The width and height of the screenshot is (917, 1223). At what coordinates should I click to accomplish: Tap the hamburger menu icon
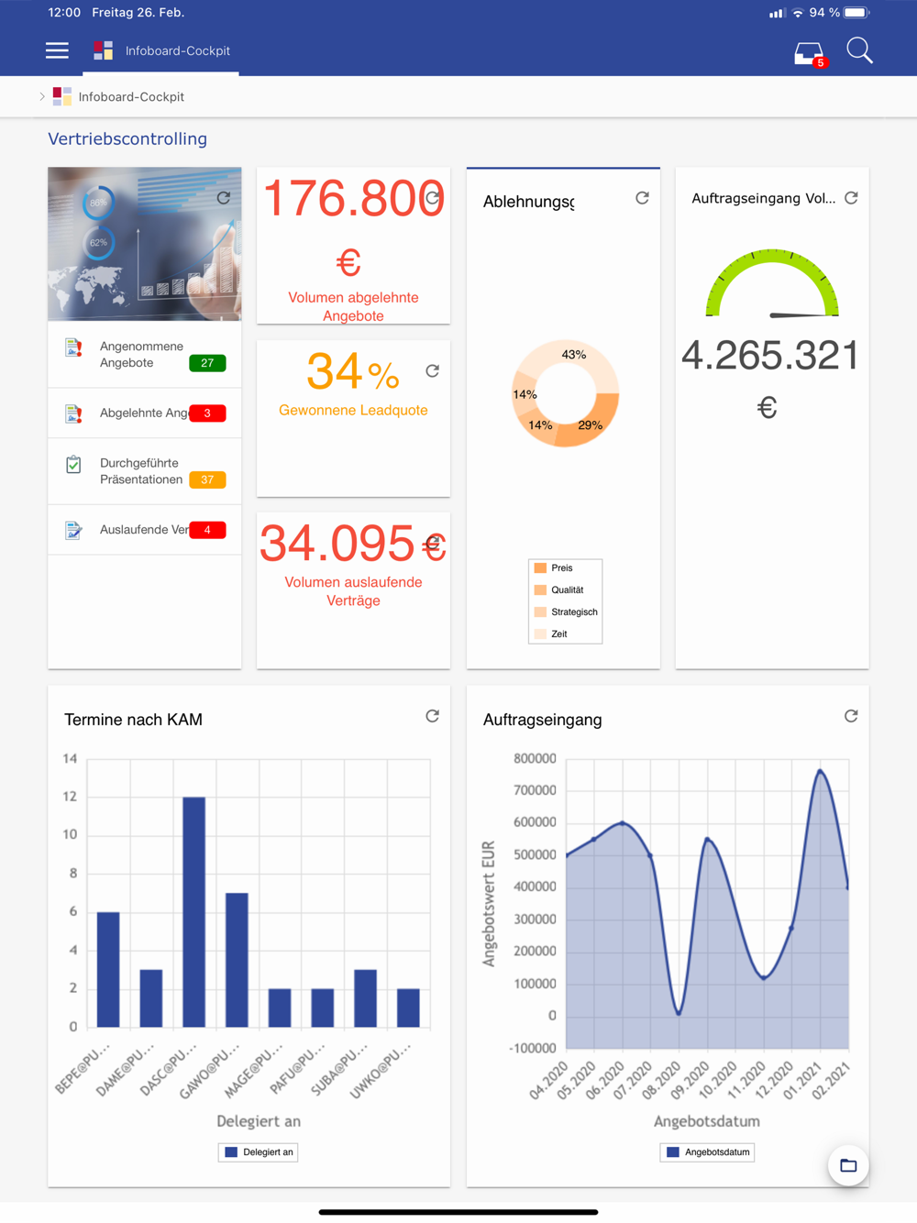coord(57,50)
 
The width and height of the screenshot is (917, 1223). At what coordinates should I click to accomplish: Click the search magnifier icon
coord(859,50)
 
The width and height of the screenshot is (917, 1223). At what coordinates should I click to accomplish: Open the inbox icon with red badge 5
coord(809,54)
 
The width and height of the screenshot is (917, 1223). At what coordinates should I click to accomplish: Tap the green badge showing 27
coord(207,363)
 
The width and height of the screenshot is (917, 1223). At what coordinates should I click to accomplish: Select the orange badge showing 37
coord(207,479)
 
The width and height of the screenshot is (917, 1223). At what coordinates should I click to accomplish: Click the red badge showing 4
coord(207,530)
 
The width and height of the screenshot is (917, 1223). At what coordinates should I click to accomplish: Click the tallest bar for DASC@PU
coord(193,911)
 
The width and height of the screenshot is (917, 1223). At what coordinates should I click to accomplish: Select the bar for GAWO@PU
coord(237,959)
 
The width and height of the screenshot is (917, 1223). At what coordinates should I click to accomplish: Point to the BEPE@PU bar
coord(108,969)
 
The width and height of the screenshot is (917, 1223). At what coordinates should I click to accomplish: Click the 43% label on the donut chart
coord(574,355)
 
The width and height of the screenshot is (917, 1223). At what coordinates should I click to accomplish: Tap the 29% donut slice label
coord(590,425)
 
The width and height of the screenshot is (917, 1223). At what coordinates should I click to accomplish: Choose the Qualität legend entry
coord(567,590)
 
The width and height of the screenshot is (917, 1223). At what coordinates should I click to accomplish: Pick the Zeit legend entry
coord(558,634)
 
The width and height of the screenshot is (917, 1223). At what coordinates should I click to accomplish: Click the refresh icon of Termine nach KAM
coord(432,716)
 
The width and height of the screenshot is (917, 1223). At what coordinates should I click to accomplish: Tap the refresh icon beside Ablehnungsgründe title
coord(642,198)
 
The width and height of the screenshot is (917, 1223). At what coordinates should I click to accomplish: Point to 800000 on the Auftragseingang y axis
coord(535,758)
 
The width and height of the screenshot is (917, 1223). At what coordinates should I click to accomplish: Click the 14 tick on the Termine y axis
coord(71,758)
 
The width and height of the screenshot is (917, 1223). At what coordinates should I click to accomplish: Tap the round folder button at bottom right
coord(848,1165)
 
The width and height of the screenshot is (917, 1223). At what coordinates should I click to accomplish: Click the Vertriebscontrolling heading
coord(127,139)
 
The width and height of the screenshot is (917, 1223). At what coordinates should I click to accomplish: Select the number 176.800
coord(353,199)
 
